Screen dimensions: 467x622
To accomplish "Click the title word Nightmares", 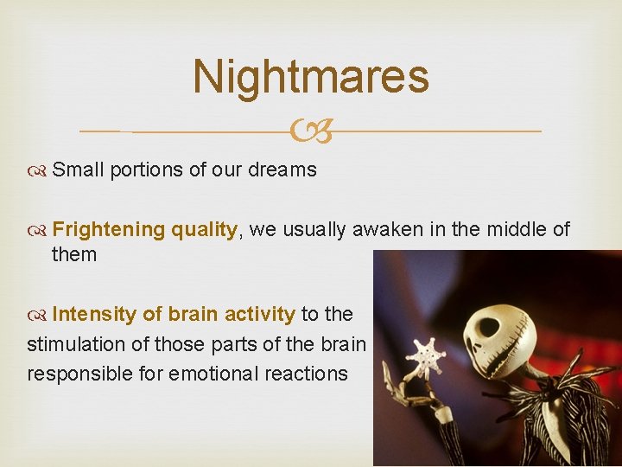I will pos(311,76).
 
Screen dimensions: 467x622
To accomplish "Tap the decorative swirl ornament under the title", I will pos(311,132).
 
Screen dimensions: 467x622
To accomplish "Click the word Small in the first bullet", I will pos(77,170).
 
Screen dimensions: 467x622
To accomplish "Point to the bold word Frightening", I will pos(108,229).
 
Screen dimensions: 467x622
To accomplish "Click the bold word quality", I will pos(203,229).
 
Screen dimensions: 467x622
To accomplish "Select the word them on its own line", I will pos(74,255).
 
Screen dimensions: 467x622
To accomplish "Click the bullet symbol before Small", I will pos(38,170).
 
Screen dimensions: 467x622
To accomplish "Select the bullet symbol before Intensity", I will pos(38,314).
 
